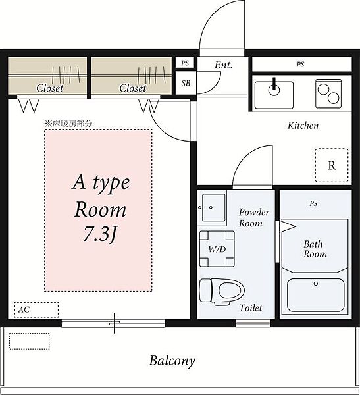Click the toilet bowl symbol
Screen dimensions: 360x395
222,292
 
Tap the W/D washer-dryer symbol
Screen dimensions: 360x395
217,249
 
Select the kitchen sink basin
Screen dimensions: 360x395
274,95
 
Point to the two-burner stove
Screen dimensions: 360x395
328,93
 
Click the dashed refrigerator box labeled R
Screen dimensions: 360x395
332,165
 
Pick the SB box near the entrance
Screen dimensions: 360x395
186,83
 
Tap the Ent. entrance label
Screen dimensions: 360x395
223,65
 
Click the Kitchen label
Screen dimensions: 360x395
303,125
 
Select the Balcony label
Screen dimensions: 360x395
172,361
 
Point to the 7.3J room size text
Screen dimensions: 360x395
101,234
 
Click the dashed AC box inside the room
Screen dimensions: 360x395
36,309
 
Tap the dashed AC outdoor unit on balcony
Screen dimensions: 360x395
29,341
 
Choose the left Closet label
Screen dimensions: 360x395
49,88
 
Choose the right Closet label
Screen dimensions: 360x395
132,88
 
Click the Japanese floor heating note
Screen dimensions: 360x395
68,124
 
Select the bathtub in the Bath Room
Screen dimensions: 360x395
316,295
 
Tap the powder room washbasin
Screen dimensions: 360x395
214,207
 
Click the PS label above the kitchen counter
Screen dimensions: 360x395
300,65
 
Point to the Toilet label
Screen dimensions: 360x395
251,308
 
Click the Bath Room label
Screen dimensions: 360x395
315,249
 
